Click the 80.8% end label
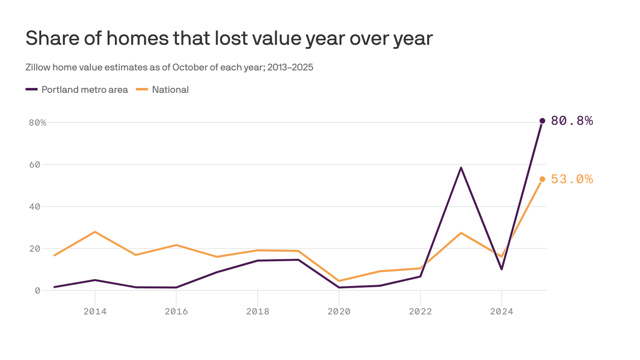(x=572, y=121)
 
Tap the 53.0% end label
(x=572, y=179)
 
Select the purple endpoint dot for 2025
(x=542, y=121)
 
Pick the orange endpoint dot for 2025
(x=542, y=179)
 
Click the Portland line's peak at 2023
(x=461, y=167)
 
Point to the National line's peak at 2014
(x=95, y=232)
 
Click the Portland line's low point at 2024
(x=502, y=269)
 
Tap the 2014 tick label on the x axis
(x=95, y=311)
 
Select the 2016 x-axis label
(x=176, y=311)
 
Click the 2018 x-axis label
(x=258, y=311)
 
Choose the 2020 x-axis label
(x=339, y=311)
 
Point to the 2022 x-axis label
(x=420, y=311)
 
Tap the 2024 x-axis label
(x=502, y=311)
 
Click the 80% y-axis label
(x=37, y=123)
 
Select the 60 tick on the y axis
(x=35, y=165)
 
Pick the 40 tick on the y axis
(x=35, y=206)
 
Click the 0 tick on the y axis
(x=37, y=291)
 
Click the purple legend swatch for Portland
(x=31, y=90)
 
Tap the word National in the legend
(x=170, y=90)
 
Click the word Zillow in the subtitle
(x=38, y=67)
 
